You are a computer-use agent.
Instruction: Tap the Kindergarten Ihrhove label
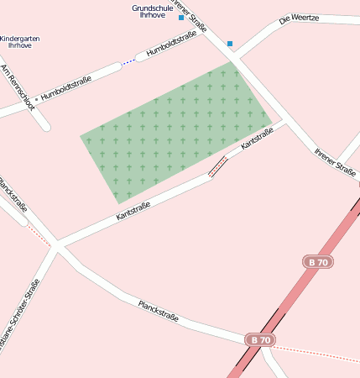point(20,43)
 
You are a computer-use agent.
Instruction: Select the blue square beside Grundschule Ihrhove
point(180,17)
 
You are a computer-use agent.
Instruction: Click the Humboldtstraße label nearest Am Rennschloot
point(66,84)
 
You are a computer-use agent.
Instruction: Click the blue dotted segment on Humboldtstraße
point(128,62)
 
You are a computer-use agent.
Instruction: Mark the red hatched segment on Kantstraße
point(217,166)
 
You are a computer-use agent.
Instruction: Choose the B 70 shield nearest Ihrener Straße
point(318,262)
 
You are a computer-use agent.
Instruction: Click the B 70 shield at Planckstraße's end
point(260,339)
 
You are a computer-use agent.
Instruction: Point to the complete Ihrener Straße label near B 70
point(335,160)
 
